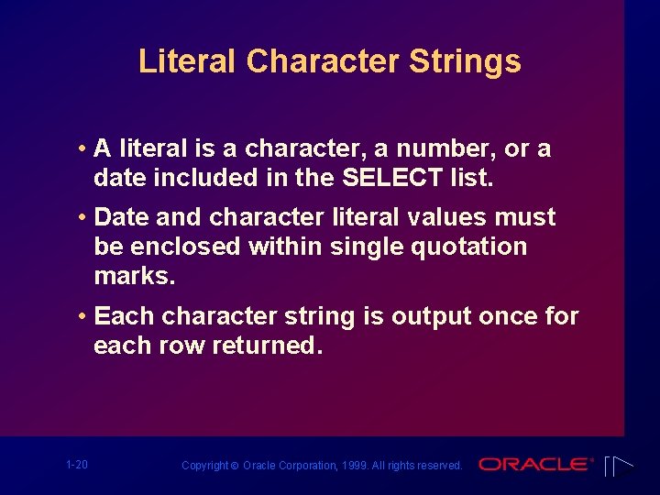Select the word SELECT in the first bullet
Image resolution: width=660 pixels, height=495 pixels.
coord(390,178)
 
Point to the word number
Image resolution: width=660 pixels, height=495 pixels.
coord(420,148)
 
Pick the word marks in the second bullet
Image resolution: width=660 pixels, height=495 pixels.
coord(133,276)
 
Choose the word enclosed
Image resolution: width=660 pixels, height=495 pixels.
coord(183,247)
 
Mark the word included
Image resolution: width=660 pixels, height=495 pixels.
coord(199,178)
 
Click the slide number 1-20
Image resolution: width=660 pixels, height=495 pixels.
coord(77,465)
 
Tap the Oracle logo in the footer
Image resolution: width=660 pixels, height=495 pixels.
coord(535,464)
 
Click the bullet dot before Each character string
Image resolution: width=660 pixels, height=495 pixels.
coord(82,316)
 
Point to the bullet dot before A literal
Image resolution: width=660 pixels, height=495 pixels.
coord(82,148)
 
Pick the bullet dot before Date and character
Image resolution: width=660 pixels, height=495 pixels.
coord(82,217)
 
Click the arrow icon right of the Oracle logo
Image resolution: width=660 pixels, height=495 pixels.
coord(619,466)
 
